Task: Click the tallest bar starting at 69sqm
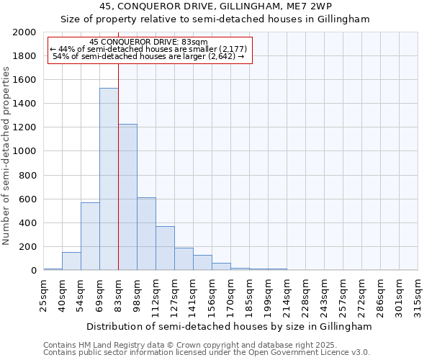pos(109,179)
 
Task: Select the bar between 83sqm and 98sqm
pos(127,197)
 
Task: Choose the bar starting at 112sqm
pos(165,248)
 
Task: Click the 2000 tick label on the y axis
pos(24,32)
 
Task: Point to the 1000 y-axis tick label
pos(24,151)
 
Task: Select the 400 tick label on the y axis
pos(27,222)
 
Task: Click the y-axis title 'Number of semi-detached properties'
pos(6,155)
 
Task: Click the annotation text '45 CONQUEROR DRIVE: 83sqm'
pos(149,42)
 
